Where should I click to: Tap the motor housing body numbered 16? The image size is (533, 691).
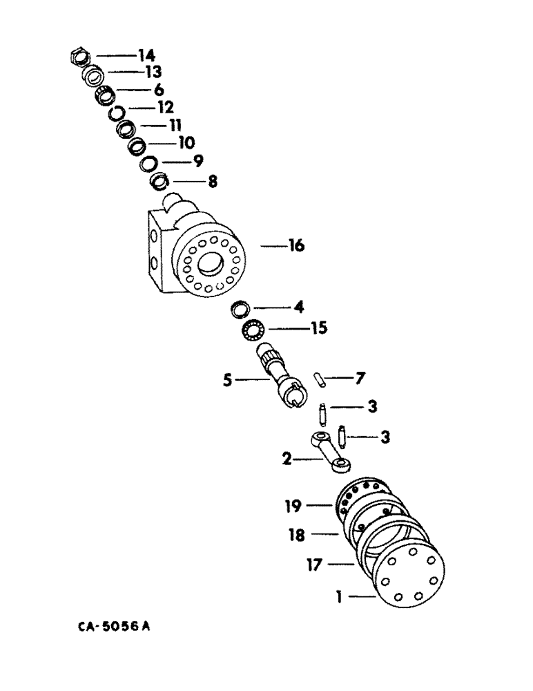click(200, 256)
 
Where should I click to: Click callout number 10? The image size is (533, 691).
click(186, 143)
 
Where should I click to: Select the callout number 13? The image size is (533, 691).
click(152, 72)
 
